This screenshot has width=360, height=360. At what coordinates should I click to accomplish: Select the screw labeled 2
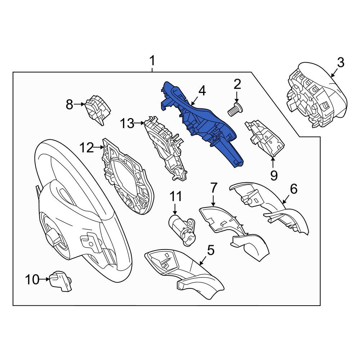click(x=235, y=110)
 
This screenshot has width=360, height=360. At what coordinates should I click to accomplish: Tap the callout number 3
click(x=341, y=63)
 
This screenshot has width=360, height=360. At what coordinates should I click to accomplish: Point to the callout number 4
click(x=202, y=91)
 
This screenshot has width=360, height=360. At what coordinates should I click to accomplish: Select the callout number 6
click(x=294, y=189)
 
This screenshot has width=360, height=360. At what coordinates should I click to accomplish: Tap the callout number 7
click(x=213, y=187)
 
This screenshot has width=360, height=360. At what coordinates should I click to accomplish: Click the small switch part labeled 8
click(x=98, y=109)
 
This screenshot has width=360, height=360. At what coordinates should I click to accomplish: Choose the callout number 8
click(x=69, y=104)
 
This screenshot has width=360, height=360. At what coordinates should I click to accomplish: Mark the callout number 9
click(x=274, y=176)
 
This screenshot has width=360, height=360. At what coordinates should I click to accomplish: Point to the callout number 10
click(x=32, y=280)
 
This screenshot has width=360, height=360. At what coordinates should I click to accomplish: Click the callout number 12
click(x=87, y=148)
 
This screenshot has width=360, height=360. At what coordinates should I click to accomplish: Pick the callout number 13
click(x=127, y=123)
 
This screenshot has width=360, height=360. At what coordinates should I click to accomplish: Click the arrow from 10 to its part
click(x=45, y=279)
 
